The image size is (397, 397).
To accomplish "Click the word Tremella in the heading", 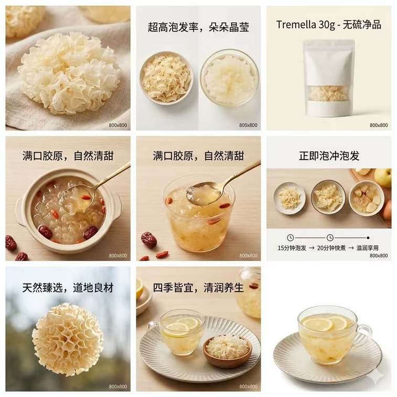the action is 296,25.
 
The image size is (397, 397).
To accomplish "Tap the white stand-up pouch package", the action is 329,78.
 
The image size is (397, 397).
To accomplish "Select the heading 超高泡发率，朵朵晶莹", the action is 198,27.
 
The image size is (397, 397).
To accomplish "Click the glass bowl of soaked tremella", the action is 229,78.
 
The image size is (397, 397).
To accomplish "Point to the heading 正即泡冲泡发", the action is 329,155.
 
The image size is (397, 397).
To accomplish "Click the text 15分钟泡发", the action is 292,248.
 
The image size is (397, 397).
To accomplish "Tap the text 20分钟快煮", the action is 331,248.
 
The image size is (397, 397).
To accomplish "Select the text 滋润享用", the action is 368,248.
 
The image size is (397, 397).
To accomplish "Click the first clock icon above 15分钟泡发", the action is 291,238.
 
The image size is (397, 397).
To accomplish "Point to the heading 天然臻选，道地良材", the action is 68,288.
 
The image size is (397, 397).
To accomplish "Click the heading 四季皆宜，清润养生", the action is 198,288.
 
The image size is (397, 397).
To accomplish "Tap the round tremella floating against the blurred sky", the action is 68,339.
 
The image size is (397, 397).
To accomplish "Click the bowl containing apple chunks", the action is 367,198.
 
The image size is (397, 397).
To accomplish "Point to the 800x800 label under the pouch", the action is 379,125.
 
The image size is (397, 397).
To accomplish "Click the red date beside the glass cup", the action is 149,239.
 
